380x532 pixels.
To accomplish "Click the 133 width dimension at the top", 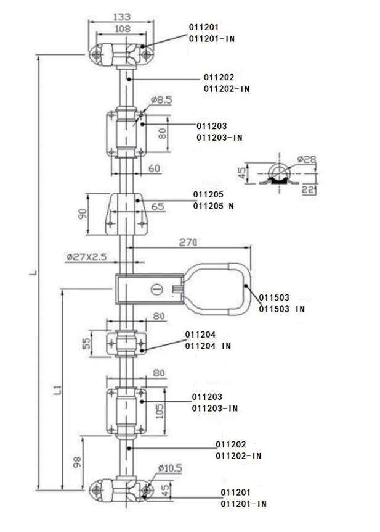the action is click(x=121, y=17).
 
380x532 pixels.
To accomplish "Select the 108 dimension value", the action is click(x=123, y=29).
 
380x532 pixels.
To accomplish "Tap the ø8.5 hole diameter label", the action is click(x=161, y=100).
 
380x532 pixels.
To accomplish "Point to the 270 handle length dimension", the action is click(x=188, y=243).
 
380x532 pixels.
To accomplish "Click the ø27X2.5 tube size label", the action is click(x=87, y=257).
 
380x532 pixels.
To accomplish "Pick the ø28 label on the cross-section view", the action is click(x=306, y=159).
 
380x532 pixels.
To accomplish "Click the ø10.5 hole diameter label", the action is click(x=170, y=468).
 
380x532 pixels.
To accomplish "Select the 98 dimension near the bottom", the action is click(x=77, y=462).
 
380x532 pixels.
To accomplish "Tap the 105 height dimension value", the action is click(x=160, y=411).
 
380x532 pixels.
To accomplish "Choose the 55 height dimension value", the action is click(x=87, y=343).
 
